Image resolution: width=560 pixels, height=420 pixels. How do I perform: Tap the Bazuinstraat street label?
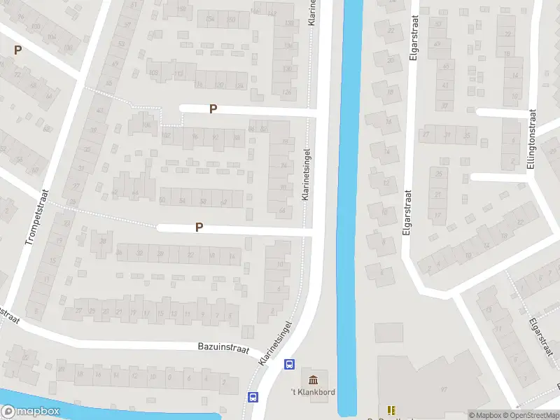[x=223, y=348]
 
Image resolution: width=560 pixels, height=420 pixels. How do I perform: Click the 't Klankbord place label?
[x=312, y=392]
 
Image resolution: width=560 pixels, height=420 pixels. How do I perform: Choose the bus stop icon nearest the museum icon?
[x=288, y=364]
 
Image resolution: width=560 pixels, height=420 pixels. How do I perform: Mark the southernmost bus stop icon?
[x=253, y=397]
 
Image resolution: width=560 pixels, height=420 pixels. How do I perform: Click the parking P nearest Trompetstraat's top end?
[x=17, y=50]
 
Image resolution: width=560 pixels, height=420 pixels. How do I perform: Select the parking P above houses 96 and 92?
[x=213, y=108]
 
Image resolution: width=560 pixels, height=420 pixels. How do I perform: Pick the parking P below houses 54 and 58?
[x=199, y=227]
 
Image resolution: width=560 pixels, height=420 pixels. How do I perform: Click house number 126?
[x=286, y=93]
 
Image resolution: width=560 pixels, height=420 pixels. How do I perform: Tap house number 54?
[x=183, y=201]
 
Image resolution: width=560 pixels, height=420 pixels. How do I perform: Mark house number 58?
[x=203, y=202]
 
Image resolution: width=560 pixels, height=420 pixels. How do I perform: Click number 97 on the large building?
[x=443, y=389]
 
